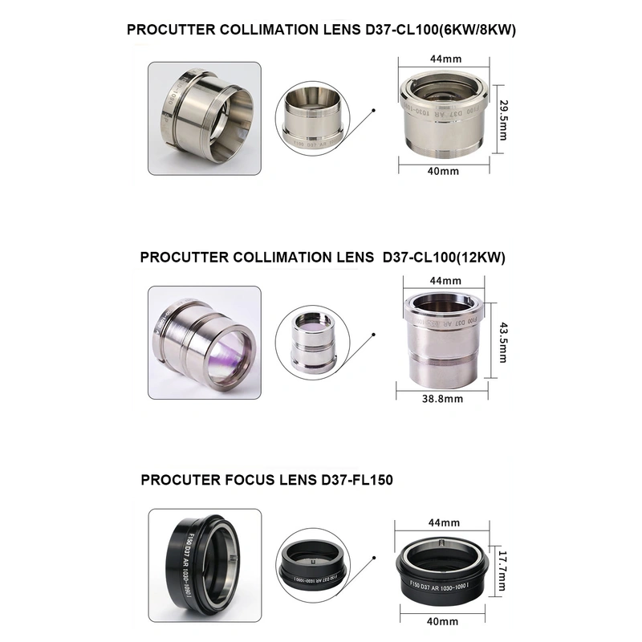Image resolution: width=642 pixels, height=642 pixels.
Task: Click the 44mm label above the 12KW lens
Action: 441,281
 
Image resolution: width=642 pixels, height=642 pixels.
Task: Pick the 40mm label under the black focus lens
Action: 443,621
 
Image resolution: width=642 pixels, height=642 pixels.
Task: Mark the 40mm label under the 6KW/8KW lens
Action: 443,171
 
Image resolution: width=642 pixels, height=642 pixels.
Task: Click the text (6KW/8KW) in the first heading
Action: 472,30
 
